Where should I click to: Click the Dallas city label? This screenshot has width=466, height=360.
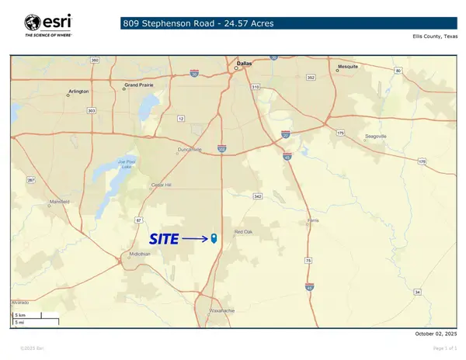pyautogui.click(x=245, y=64)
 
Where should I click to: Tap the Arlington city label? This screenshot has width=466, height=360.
pyautogui.click(x=78, y=91)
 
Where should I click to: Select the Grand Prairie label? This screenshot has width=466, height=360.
pyautogui.click(x=139, y=85)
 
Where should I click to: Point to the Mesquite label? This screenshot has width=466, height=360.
pyautogui.click(x=348, y=67)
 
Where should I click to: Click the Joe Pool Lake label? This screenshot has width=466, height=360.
pyautogui.click(x=127, y=164)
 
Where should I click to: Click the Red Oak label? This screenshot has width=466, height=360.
pyautogui.click(x=243, y=232)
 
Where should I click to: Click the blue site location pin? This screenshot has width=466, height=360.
pyautogui.click(x=214, y=239)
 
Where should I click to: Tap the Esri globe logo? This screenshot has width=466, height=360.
pyautogui.click(x=33, y=22)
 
